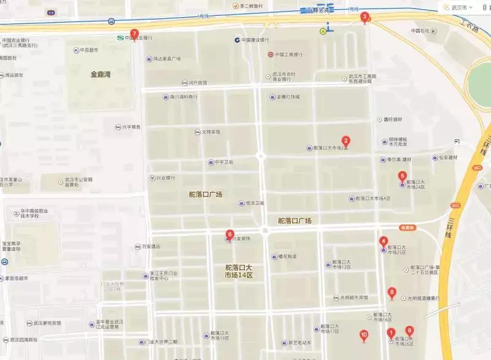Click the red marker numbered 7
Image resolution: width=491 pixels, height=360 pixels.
135,34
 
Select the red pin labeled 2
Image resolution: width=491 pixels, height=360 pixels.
346,141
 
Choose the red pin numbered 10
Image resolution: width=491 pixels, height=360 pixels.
364,335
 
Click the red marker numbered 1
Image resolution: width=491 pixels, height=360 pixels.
391,334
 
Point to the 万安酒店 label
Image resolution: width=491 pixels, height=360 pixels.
150,247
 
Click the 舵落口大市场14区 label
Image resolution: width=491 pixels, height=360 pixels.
239,272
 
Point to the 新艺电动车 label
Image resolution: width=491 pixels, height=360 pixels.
300,342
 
